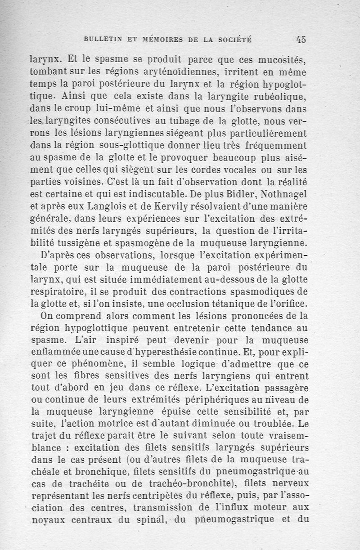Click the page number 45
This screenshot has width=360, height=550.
coord(301,39)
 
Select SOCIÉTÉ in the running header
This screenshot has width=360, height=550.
coord(234,40)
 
